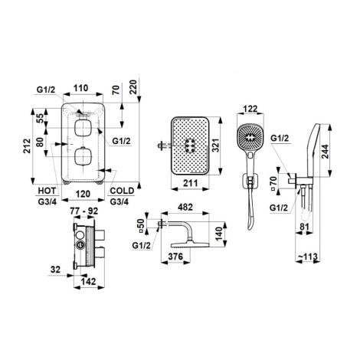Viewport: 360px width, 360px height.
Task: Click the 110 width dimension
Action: pos(80,88)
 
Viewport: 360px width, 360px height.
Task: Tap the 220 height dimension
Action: pos(133,87)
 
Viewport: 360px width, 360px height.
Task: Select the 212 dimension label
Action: pos(27,146)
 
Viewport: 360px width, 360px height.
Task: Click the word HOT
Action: pos(47,191)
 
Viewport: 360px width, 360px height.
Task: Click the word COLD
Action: pos(122,191)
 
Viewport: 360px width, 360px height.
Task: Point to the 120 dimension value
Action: pos(83,194)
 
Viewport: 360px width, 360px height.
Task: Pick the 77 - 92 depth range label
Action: pos(84,211)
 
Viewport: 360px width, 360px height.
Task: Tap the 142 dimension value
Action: pos(88,281)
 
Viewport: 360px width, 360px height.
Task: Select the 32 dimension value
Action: pos(55,270)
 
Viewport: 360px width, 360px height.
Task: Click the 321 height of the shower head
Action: pos(216,146)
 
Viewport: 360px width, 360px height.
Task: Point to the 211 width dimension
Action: pos(191,183)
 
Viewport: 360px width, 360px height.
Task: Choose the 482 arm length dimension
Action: pos(185,207)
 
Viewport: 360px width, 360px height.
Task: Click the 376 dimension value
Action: pos(175,256)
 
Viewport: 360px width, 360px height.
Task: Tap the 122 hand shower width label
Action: pos(250,109)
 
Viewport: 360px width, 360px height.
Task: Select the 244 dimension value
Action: pos(325,152)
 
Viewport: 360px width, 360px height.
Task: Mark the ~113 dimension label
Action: pos(307,257)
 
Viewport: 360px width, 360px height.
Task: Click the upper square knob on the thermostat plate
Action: pos(83,128)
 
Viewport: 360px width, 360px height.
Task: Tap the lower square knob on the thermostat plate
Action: pos(83,156)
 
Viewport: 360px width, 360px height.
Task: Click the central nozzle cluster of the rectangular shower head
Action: pos(190,146)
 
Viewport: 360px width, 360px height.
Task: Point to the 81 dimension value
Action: pos(304,227)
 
